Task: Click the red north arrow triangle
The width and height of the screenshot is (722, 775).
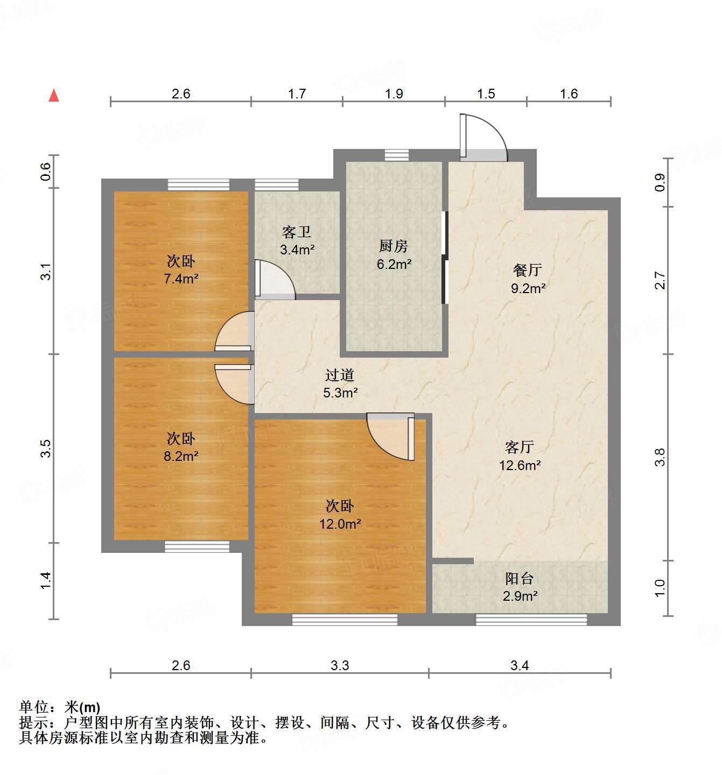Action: click(x=54, y=96)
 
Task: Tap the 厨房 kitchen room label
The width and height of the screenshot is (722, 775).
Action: click(x=394, y=246)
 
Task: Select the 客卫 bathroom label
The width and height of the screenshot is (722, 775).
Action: click(x=297, y=232)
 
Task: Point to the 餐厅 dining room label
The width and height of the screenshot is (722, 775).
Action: click(x=528, y=270)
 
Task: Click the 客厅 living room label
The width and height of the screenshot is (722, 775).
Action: click(x=520, y=447)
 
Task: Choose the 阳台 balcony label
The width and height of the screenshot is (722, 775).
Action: click(x=520, y=579)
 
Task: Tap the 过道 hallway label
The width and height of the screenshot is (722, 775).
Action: click(x=340, y=375)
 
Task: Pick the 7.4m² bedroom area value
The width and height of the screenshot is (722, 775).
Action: click(x=181, y=279)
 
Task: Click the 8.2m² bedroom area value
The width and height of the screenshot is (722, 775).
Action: click(x=181, y=457)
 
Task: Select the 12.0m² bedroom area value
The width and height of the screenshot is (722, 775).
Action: click(x=340, y=524)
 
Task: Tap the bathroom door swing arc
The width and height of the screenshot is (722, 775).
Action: click(x=275, y=280)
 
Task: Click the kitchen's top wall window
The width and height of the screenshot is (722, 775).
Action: click(x=397, y=155)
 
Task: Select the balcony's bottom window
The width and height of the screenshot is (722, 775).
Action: click(x=531, y=619)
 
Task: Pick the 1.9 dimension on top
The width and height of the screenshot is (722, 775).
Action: click(x=394, y=94)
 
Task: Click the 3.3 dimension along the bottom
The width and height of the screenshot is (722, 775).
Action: click(x=340, y=666)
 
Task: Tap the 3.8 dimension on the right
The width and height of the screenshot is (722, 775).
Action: click(x=660, y=457)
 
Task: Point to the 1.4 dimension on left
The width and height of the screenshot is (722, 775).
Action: click(x=46, y=580)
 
